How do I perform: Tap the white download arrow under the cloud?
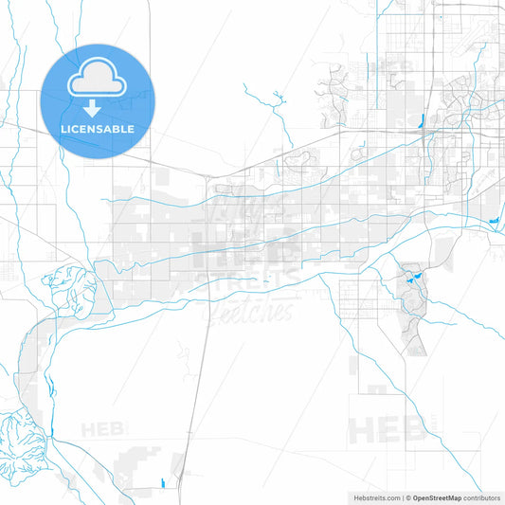(x=97, y=108)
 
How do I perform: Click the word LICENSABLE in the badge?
(x=97, y=129)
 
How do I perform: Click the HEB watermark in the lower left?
(x=102, y=429)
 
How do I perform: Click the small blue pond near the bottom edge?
(x=165, y=484)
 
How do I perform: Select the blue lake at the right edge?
(x=495, y=223)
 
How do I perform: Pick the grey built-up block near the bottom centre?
(x=142, y=464)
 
